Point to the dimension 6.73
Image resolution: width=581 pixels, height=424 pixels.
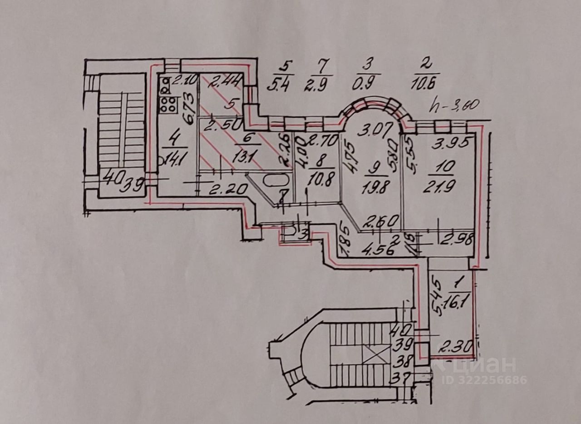(189, 108)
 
